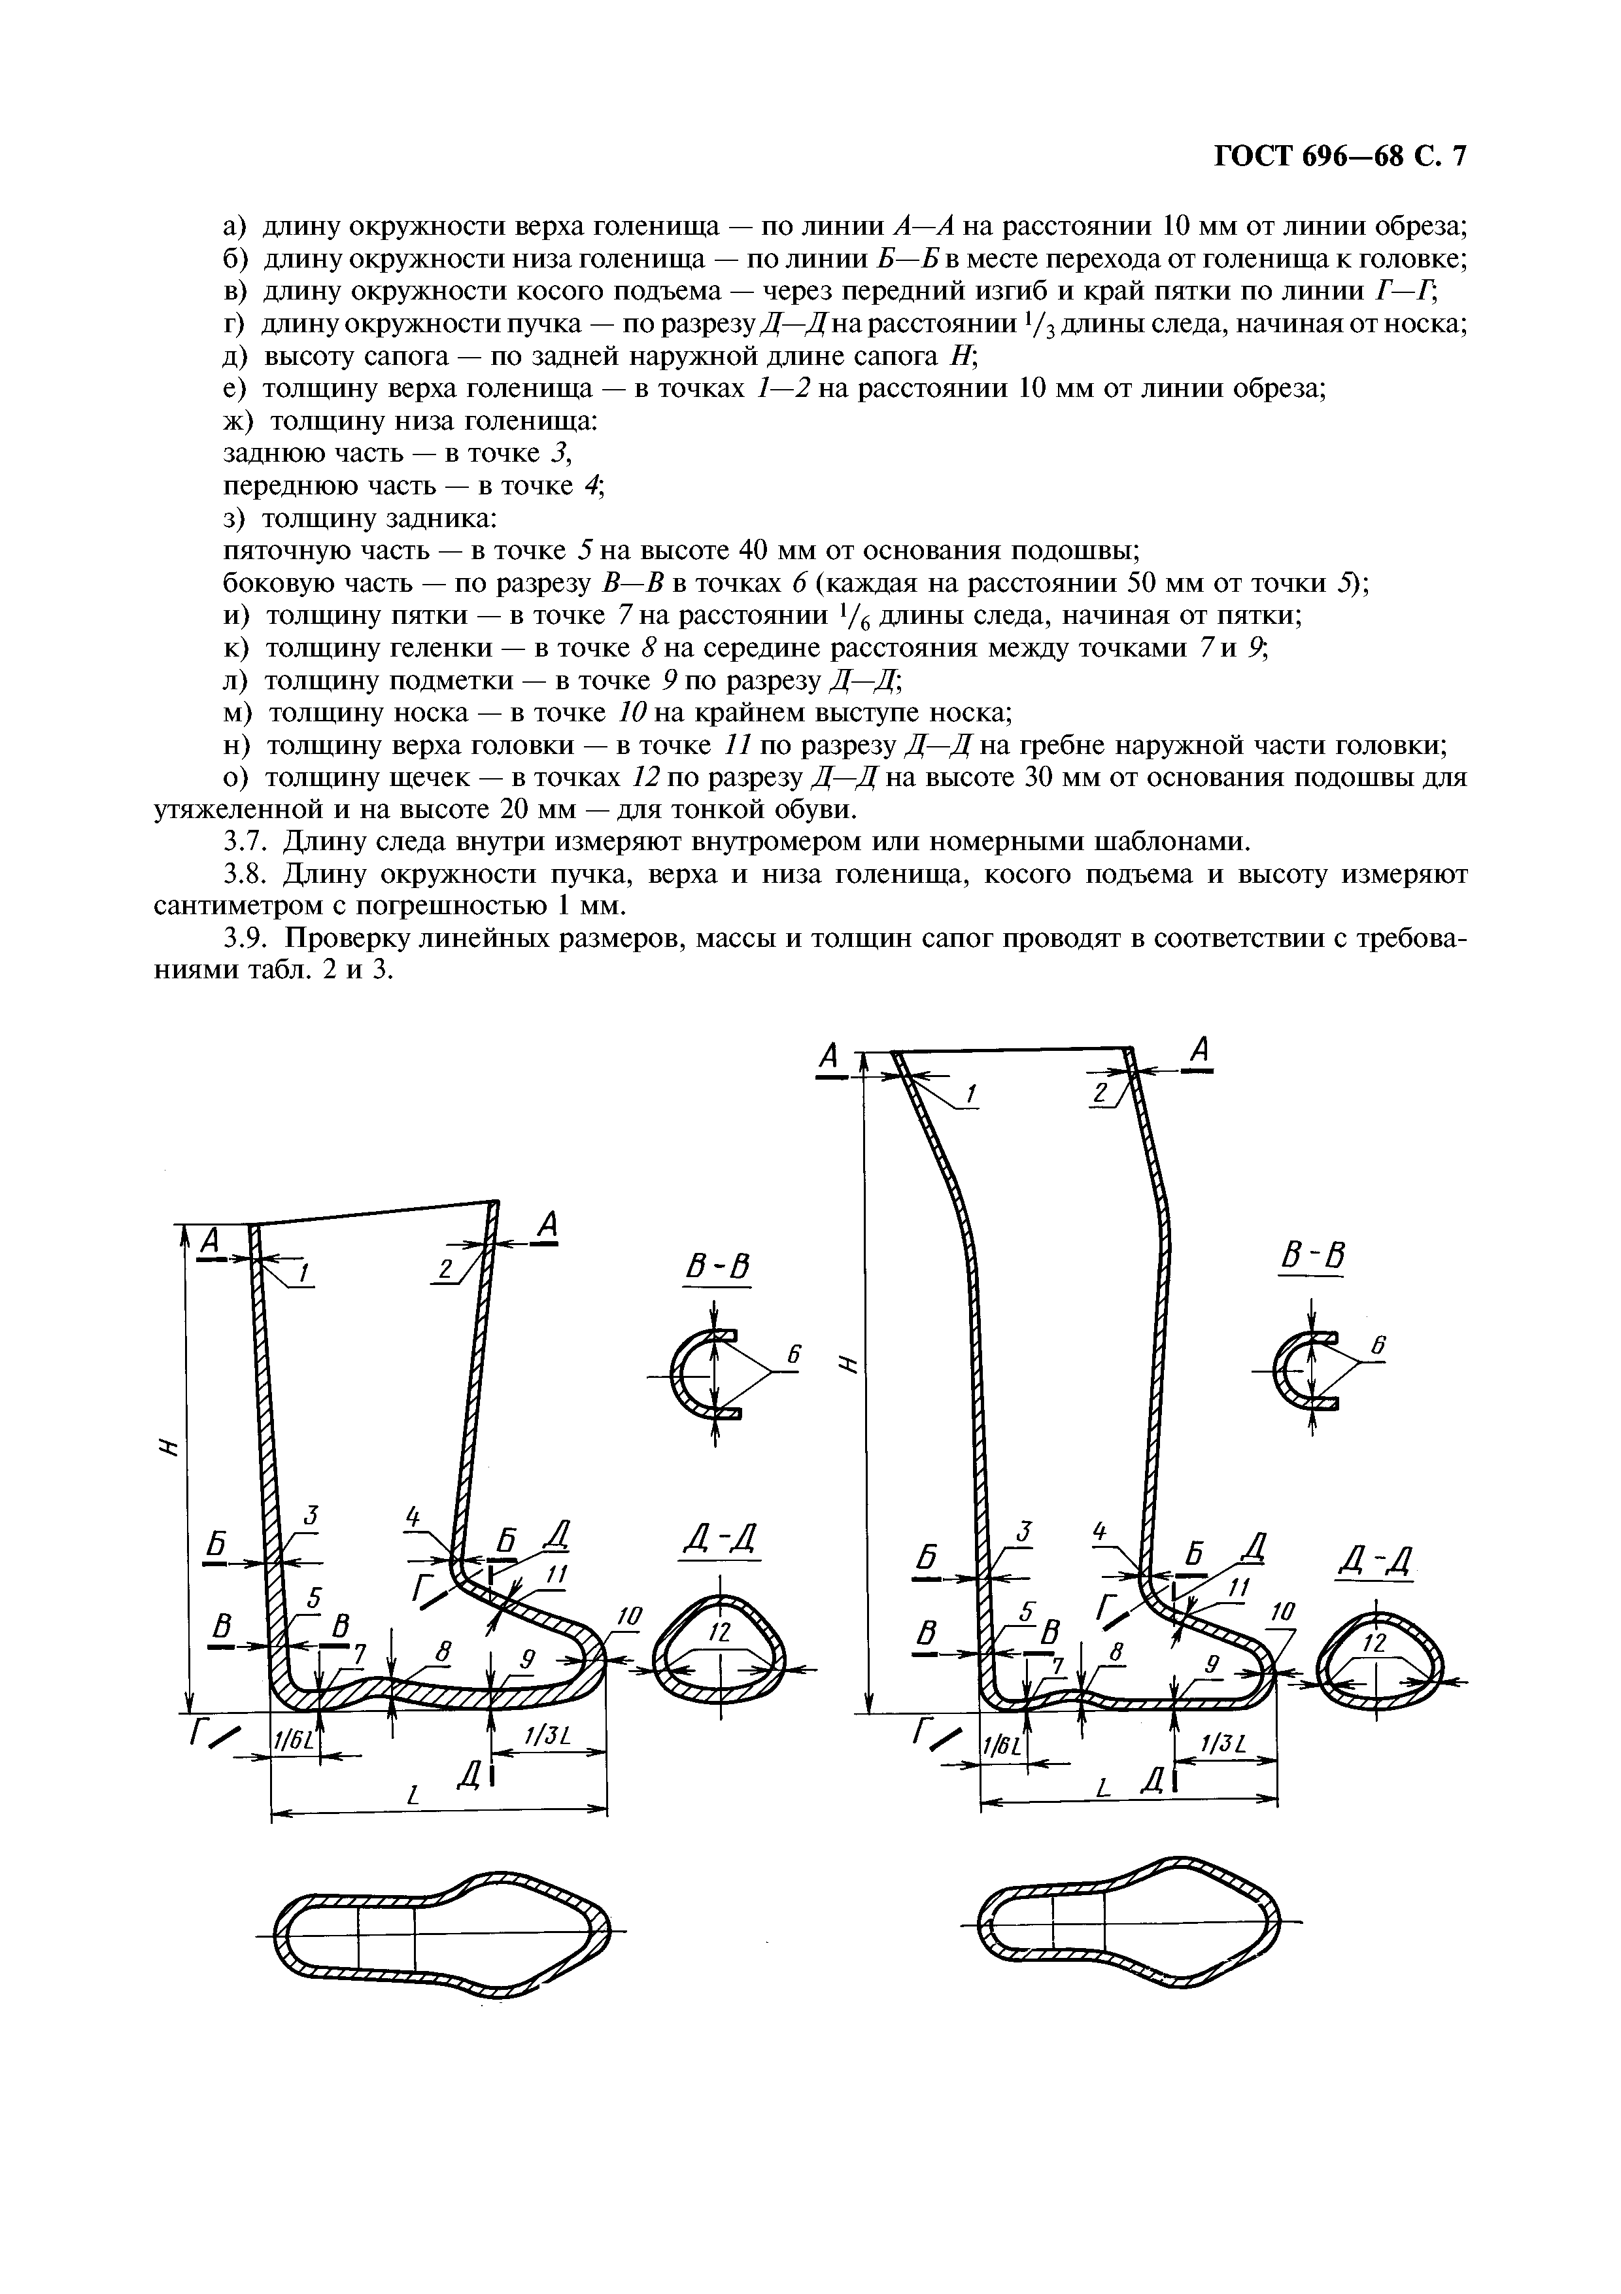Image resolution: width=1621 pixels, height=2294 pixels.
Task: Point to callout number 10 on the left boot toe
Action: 628,1617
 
